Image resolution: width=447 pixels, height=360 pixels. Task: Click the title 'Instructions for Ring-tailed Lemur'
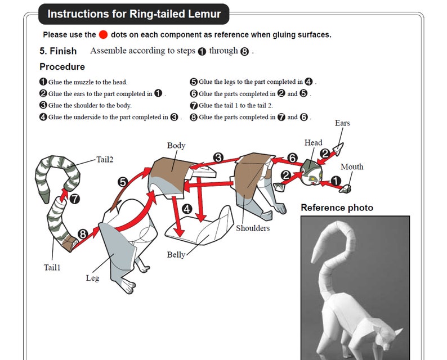pos(134,14)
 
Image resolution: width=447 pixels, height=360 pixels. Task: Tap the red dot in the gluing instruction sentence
pos(103,34)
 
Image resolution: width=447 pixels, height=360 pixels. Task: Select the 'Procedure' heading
pos(62,67)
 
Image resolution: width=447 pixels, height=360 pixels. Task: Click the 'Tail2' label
pos(105,160)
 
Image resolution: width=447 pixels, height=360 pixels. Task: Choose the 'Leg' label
pos(92,278)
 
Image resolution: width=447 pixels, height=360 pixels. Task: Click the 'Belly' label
pos(176,255)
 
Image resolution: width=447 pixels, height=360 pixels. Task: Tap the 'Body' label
pos(176,146)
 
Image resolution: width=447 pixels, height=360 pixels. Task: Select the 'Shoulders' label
pos(253,228)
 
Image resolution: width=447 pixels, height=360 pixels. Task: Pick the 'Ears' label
pos(342,123)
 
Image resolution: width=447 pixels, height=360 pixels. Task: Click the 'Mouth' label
pos(352,166)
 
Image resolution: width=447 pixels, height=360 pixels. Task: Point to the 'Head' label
pos(314,143)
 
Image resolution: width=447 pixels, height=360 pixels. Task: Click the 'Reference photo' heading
pos(337,208)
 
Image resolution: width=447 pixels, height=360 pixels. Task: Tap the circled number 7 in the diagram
pos(74,198)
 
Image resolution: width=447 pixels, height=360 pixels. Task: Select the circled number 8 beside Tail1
pos(83,233)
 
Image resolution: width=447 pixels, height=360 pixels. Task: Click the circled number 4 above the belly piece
pos(187,209)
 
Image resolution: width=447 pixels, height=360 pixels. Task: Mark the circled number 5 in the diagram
pos(123,181)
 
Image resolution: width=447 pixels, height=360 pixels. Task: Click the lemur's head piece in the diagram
pos(311,170)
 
